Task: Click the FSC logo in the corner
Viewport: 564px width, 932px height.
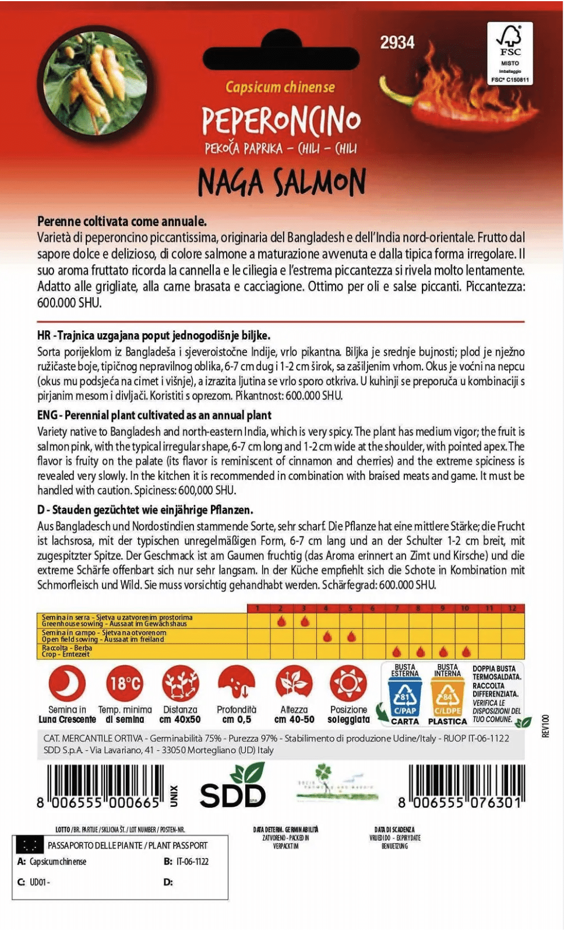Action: pos(509,53)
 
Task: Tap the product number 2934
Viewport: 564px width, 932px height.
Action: pos(397,43)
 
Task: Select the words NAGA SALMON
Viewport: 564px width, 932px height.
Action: pos(282,182)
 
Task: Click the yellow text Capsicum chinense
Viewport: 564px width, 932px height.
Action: pos(280,87)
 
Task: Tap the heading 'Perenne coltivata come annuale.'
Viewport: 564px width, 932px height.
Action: pos(122,221)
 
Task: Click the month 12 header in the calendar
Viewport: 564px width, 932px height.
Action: pos(512,608)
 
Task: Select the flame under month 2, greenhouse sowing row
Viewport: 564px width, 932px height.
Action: pos(281,621)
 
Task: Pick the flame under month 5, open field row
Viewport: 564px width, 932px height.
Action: pos(351,636)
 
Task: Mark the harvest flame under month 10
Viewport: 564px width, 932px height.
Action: pos(466,651)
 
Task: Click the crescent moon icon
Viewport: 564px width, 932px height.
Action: pos(67,683)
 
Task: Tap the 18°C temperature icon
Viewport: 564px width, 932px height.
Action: pos(125,683)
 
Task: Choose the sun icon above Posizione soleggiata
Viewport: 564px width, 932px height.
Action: pos(348,683)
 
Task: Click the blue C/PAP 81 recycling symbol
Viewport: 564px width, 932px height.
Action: pos(404,697)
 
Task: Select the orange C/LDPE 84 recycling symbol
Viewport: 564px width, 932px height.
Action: pos(447,697)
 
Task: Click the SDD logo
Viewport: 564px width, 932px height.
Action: pos(233,790)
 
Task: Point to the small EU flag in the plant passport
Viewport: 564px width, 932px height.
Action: pos(29,845)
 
